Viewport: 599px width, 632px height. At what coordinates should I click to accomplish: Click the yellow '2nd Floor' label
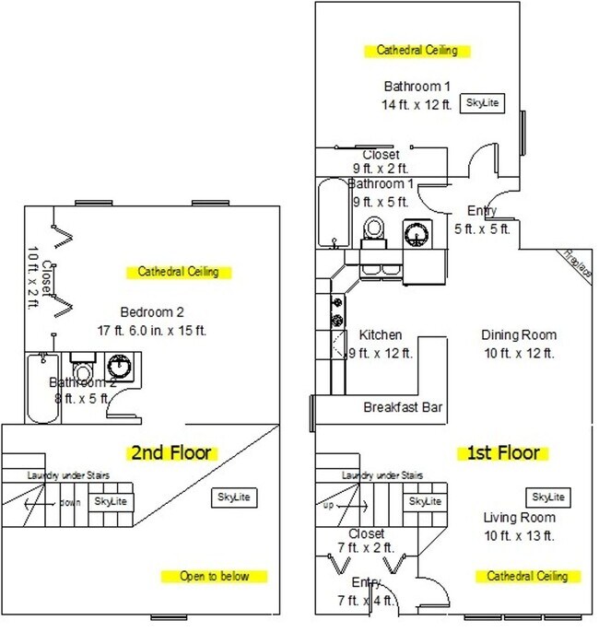(174, 452)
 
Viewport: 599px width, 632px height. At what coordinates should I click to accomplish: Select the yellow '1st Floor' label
(504, 453)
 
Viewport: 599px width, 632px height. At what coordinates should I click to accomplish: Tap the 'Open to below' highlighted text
(214, 577)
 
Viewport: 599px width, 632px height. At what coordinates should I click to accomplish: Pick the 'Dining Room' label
(519, 335)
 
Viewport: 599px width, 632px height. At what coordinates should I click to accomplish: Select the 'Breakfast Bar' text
(399, 406)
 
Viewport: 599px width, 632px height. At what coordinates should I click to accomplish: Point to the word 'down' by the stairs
(71, 503)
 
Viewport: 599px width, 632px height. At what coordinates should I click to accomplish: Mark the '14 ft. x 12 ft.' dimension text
(417, 104)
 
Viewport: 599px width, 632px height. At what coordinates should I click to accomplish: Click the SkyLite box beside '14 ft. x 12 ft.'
(482, 103)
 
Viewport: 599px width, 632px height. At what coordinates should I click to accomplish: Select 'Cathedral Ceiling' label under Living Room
(528, 577)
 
